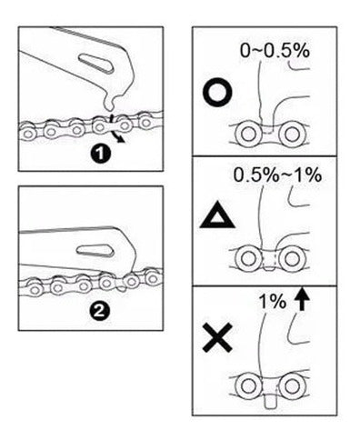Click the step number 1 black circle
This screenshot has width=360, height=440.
[x=100, y=154]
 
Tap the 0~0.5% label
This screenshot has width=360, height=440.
[x=275, y=51]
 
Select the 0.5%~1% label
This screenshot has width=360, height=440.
[x=277, y=175]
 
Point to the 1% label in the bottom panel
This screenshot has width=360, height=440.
[x=272, y=301]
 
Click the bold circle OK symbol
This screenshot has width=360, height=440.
[x=217, y=92]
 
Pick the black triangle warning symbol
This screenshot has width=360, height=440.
[x=217, y=217]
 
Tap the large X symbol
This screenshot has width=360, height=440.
[x=217, y=337]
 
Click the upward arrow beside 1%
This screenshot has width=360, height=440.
[x=302, y=299]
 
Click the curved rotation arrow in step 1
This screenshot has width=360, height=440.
[x=115, y=129]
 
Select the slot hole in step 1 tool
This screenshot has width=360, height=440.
[x=96, y=63]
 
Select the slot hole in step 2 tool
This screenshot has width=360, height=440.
[x=95, y=251]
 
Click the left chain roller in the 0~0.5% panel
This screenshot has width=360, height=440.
[x=249, y=134]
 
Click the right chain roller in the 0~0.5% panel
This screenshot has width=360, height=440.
[x=291, y=134]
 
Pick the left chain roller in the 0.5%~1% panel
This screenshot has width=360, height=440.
[x=249, y=258]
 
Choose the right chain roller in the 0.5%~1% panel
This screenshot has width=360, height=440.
[x=292, y=258]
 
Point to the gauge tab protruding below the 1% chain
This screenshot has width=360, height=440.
[x=271, y=401]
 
